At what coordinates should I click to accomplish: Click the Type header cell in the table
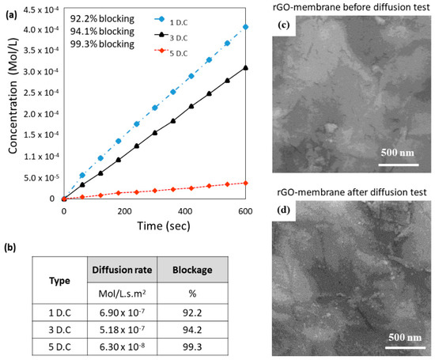pyautogui.click(x=62, y=280)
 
